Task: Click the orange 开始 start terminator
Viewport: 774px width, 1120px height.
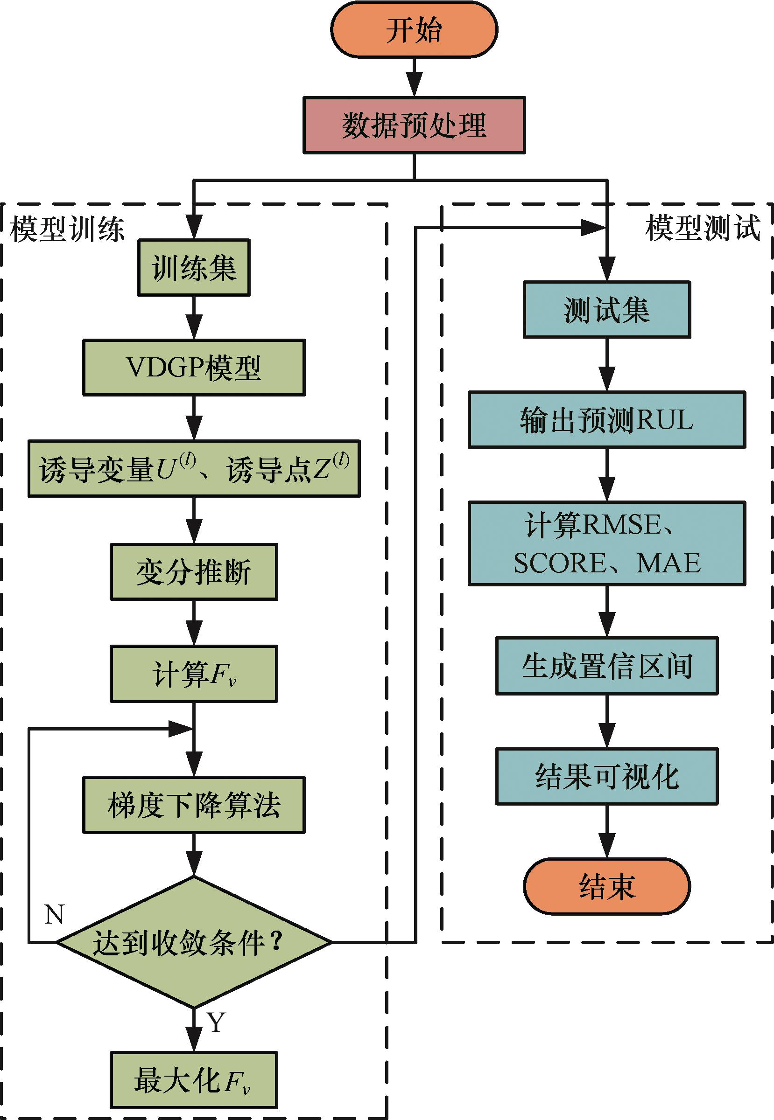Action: pos(414,30)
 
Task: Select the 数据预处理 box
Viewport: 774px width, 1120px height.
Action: pos(414,125)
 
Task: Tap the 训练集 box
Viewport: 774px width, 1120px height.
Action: pos(194,267)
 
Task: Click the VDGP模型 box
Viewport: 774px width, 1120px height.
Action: pos(194,368)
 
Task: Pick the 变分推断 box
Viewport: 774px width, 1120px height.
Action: pos(194,572)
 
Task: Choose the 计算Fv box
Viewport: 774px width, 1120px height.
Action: pos(194,674)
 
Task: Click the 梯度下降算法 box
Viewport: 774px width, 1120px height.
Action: pos(194,805)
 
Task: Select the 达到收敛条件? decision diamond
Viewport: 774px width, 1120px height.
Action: pos(194,942)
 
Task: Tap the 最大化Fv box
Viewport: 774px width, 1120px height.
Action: pos(194,1080)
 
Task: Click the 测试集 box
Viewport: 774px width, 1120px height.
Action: pos(607,310)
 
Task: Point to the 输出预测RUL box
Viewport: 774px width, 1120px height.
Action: pos(607,420)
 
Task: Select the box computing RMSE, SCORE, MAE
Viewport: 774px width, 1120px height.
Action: pos(607,544)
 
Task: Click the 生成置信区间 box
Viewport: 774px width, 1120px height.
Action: pos(607,667)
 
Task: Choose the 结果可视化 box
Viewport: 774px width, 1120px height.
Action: pos(607,776)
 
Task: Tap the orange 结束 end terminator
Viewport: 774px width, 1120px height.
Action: pos(607,886)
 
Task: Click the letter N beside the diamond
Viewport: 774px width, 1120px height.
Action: pos(54,914)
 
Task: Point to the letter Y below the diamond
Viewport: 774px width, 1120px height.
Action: pos(216,1023)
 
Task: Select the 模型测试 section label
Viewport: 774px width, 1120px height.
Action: pos(703,228)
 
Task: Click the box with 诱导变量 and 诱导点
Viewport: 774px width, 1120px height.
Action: pos(194,469)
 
